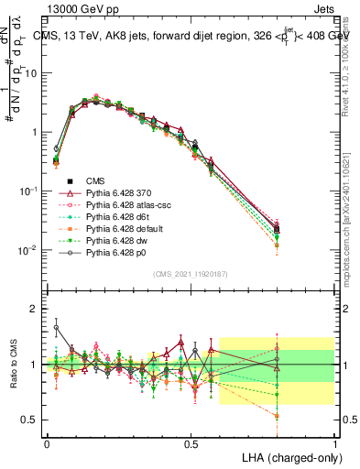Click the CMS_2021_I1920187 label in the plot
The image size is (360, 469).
pos(190,275)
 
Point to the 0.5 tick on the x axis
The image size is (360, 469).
pos(191,442)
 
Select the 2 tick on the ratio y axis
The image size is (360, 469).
pos(33,309)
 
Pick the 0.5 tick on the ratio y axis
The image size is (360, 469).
pos(29,420)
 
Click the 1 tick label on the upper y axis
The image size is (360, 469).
pos(33,132)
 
